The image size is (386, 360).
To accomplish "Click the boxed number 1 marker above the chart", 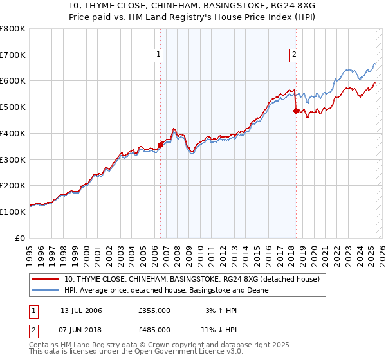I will (x=158, y=55).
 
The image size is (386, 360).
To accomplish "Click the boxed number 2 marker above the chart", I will (x=294, y=55).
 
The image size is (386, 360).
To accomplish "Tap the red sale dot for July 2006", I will (x=160, y=145).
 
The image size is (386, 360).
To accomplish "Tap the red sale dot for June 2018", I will (x=296, y=111).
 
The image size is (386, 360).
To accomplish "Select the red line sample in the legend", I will (x=46, y=279).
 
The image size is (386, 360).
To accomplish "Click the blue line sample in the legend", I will (x=46, y=290).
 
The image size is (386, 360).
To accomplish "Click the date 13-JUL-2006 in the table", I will (x=81, y=310).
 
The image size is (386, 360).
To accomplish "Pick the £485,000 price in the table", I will (x=154, y=329).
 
